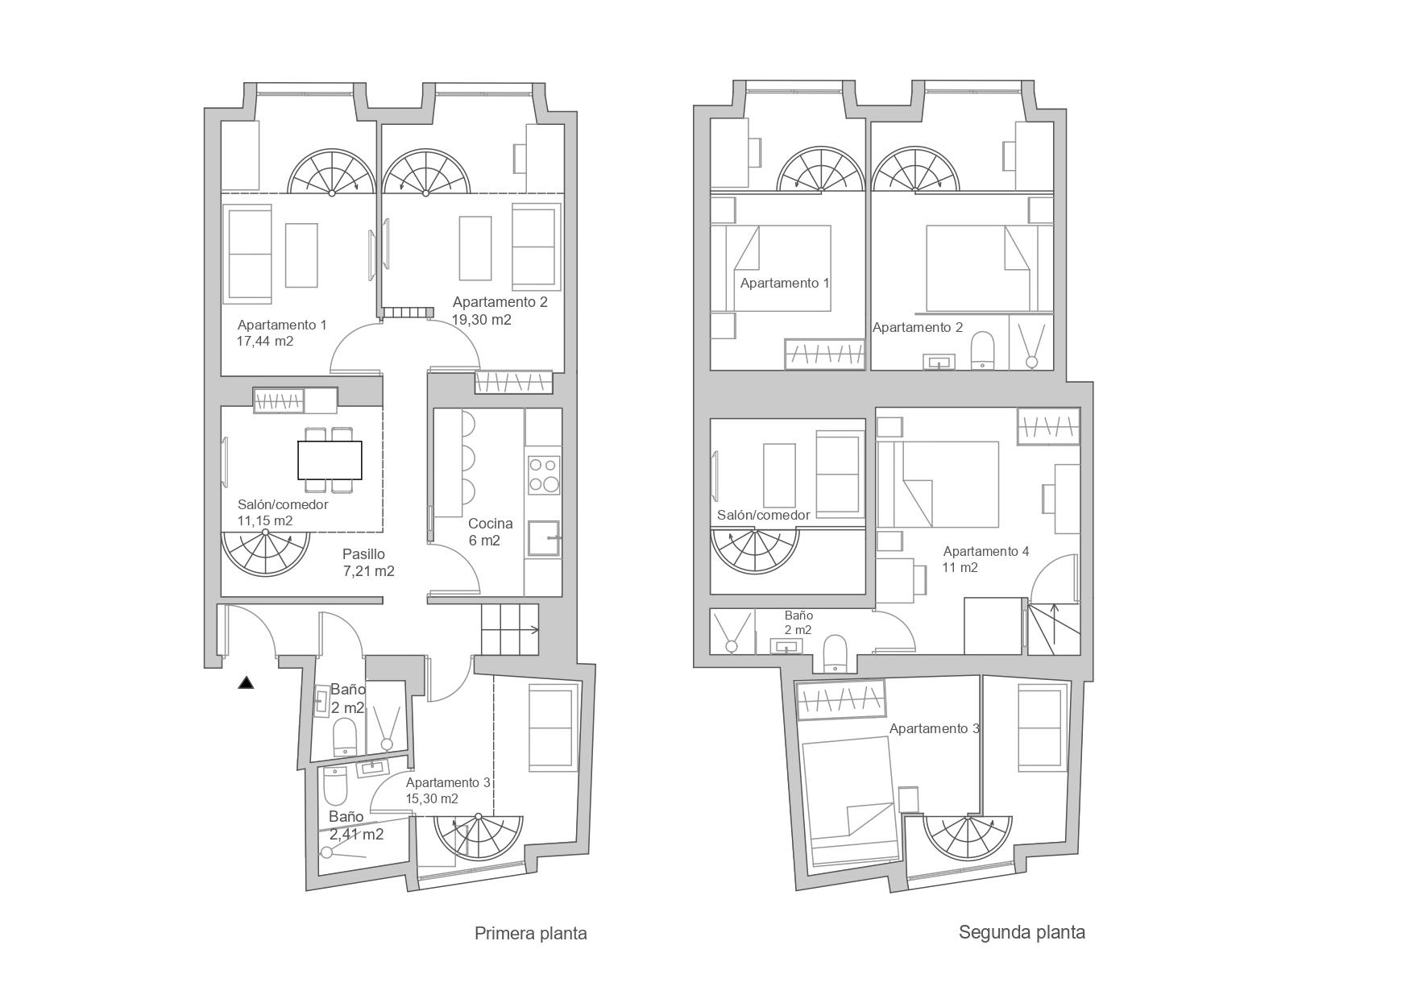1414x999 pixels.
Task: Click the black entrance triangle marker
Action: click(x=246, y=683)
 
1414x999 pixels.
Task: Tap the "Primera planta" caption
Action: click(x=530, y=934)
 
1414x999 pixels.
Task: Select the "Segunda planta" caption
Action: click(x=1022, y=933)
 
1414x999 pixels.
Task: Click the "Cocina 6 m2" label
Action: click(x=490, y=532)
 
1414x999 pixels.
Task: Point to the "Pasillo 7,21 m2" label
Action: click(x=368, y=563)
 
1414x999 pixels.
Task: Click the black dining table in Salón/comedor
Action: click(x=330, y=460)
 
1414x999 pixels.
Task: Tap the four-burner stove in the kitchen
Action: click(x=543, y=475)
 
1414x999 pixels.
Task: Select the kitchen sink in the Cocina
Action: click(x=543, y=538)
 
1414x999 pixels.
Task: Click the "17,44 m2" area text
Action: click(x=264, y=342)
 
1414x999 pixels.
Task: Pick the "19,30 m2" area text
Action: click(x=482, y=320)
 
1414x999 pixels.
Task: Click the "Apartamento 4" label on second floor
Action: click(x=986, y=552)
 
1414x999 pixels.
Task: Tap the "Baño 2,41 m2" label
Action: click(x=355, y=826)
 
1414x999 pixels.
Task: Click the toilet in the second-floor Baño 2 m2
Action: click(x=835, y=653)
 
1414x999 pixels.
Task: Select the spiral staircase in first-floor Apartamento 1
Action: click(x=331, y=172)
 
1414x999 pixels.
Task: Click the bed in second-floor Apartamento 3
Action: click(x=851, y=801)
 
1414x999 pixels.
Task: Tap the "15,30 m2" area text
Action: click(x=432, y=799)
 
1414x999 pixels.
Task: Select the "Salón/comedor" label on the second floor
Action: click(x=763, y=516)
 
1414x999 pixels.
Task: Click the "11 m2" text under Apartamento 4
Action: click(x=960, y=568)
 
